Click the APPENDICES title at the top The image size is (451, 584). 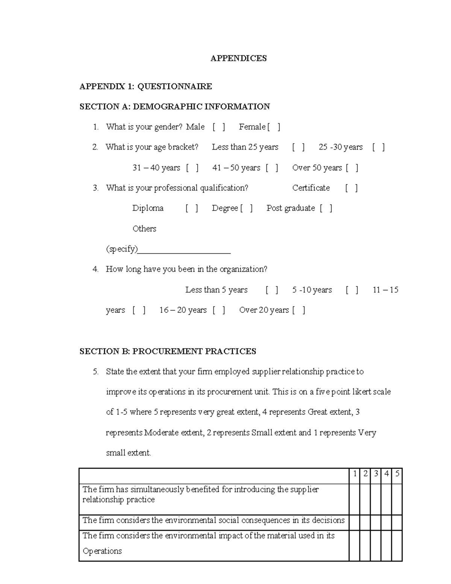[238, 58]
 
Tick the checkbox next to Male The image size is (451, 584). [219, 127]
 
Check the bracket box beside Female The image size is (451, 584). [274, 127]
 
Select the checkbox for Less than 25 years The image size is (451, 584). [298, 147]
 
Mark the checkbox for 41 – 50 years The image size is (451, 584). [272, 168]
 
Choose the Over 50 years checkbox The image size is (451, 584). [352, 168]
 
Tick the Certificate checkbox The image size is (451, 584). [351, 188]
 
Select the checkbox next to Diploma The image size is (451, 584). [192, 208]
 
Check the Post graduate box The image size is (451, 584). [326, 208]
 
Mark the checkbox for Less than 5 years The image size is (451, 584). [272, 290]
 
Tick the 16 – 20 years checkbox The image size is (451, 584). [219, 310]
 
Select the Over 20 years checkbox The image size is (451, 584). [299, 310]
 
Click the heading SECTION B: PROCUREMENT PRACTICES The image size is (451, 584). [168, 351]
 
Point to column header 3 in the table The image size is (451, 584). [375, 474]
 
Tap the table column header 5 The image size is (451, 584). [397, 474]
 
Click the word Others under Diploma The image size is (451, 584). [144, 229]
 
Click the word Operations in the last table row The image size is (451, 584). [102, 551]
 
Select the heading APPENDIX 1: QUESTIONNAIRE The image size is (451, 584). [146, 86]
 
